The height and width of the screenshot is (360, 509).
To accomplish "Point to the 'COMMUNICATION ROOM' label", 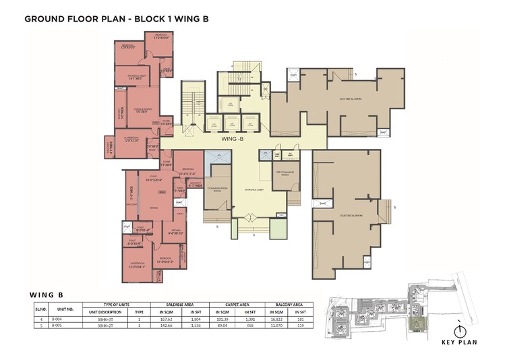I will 216,189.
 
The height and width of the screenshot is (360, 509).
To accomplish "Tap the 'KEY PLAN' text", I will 459,342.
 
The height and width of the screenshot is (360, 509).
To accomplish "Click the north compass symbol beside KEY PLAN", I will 460,330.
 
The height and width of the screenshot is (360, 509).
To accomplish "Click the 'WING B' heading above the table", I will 47,295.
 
